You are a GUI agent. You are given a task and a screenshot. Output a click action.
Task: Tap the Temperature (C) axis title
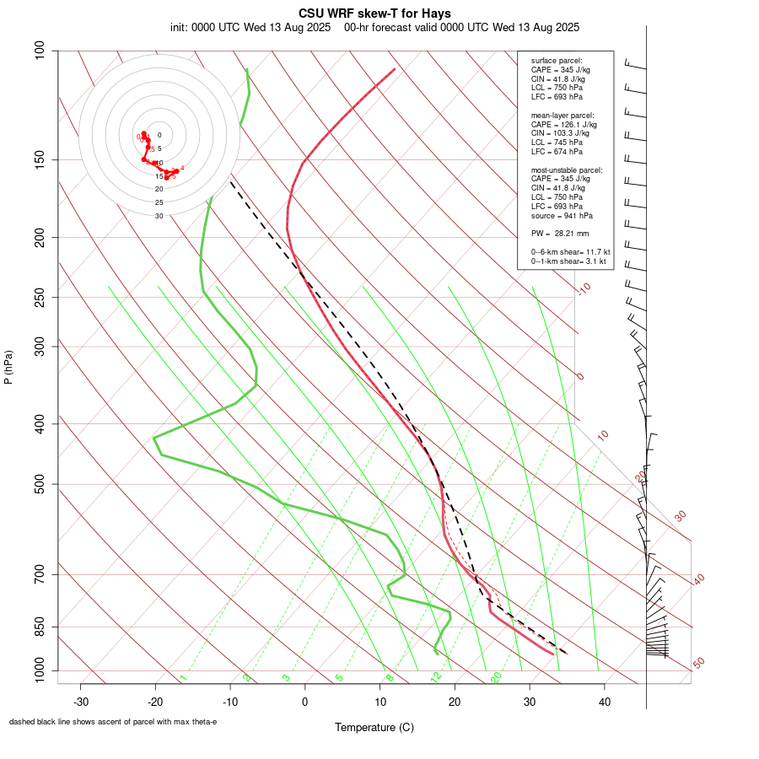(374, 727)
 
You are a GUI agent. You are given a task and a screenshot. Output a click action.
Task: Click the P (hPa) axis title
(8, 368)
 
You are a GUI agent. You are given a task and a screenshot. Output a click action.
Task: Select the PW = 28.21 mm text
(560, 234)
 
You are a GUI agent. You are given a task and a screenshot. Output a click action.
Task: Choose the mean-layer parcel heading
(563, 115)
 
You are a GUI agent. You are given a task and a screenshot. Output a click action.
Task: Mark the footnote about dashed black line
(113, 722)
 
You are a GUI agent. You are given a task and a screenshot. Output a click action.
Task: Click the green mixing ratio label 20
(497, 676)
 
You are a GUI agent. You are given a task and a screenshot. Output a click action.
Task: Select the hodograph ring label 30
(159, 216)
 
